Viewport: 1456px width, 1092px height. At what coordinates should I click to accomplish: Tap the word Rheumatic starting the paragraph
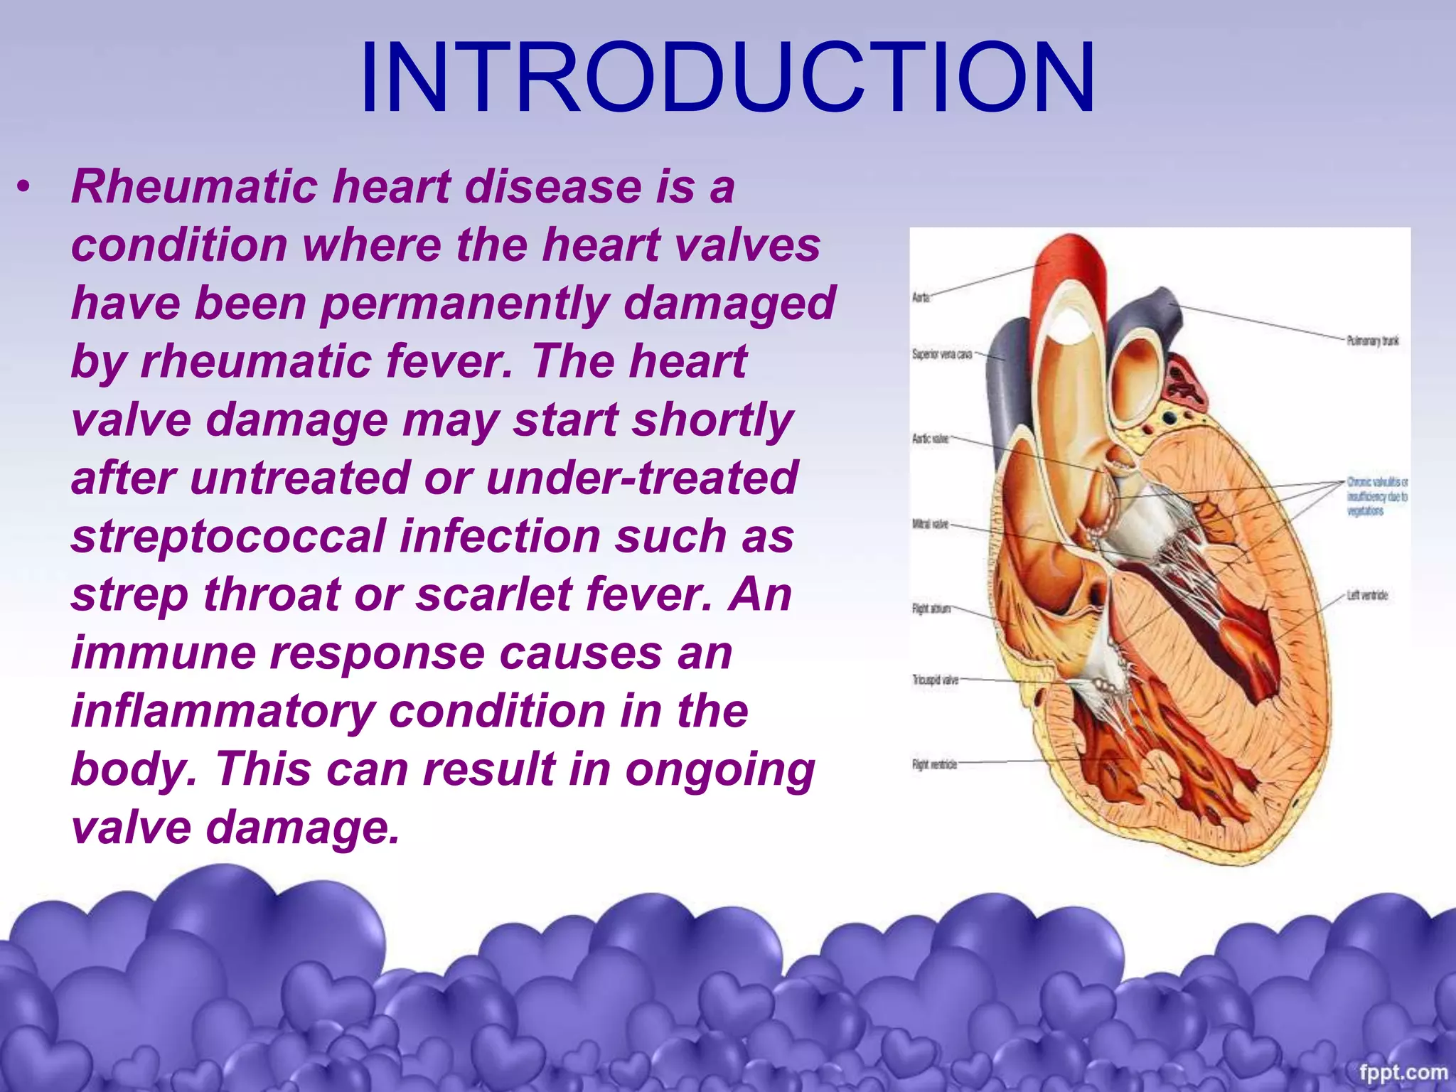[x=194, y=186]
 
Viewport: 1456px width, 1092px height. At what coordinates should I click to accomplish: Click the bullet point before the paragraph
[x=26, y=188]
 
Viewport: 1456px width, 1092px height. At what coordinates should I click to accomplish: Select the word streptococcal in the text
[x=227, y=536]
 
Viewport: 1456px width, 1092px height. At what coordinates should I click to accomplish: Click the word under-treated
[x=642, y=478]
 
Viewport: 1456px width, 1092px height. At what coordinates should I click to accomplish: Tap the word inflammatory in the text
[x=222, y=711]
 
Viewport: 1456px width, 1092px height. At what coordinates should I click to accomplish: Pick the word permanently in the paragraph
[x=464, y=303]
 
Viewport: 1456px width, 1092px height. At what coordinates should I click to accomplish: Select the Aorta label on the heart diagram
[x=921, y=297]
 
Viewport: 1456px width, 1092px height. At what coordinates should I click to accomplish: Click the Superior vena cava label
[x=942, y=353]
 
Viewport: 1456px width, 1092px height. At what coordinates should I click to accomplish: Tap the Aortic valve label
[x=930, y=439]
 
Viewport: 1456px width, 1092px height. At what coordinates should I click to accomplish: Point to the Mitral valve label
[x=930, y=524]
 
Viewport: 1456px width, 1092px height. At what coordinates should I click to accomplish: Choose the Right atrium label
[x=931, y=609]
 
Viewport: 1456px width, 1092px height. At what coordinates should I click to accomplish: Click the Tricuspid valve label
[x=935, y=680]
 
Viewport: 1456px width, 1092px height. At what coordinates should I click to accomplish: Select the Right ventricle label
[x=934, y=764]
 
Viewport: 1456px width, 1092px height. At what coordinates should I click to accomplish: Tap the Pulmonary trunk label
[x=1373, y=341]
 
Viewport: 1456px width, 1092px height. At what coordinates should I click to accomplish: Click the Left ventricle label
[x=1366, y=595]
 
